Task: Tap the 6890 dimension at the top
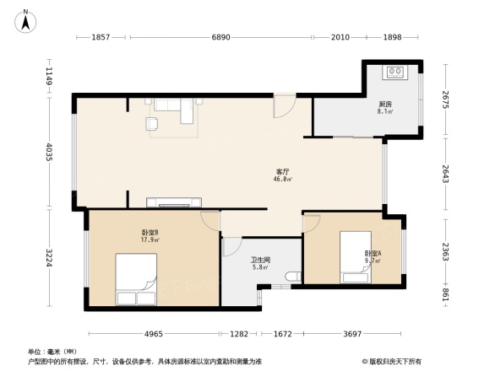(x=220, y=39)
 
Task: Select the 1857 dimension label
(x=101, y=39)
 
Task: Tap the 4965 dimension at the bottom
(x=152, y=334)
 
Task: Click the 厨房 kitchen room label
(x=384, y=107)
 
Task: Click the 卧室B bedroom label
(x=151, y=235)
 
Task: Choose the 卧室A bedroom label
(x=373, y=256)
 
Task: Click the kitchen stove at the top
(x=394, y=73)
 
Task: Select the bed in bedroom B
(x=135, y=282)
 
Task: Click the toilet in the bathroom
(x=293, y=277)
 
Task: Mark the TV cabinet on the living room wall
(x=174, y=202)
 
